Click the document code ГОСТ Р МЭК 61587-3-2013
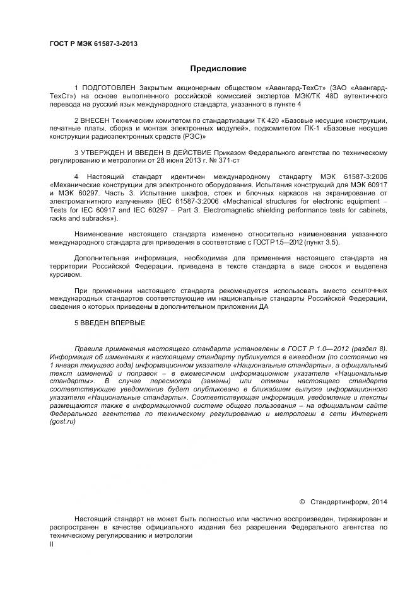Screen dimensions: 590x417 point(93,43)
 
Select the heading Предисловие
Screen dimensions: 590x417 point(218,68)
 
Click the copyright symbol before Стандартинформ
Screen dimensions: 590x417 point(302,502)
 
